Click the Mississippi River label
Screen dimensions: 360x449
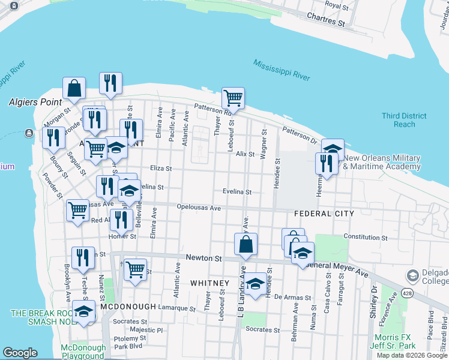(281, 70)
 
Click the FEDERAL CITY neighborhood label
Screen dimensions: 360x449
(324, 214)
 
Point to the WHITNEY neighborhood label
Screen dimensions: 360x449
(209, 283)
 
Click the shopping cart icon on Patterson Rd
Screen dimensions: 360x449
(233, 98)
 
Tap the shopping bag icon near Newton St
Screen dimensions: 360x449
(246, 244)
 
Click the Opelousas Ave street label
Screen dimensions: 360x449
(199, 208)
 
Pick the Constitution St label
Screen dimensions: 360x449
(365, 237)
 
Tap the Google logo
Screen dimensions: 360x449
(20, 353)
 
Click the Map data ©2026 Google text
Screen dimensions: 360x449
(413, 355)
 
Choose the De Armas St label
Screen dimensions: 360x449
(292, 297)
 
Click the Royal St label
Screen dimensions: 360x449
(336, 5)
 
